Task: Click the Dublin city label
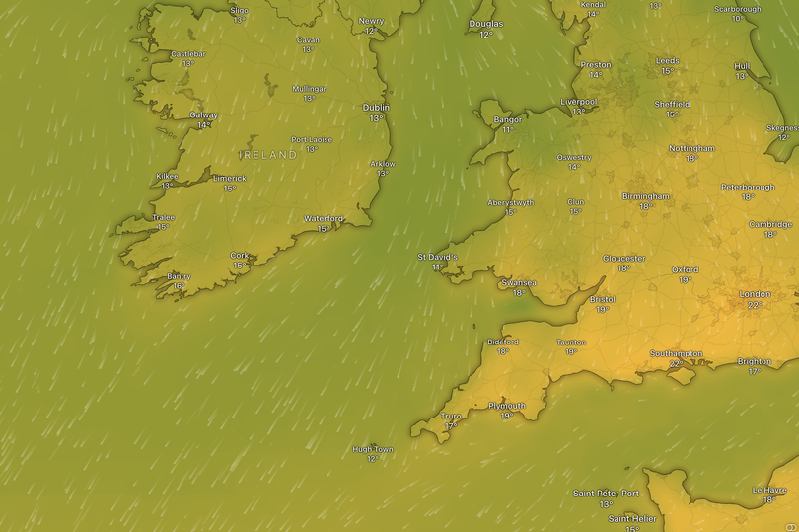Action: click(x=376, y=108)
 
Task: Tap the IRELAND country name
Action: click(x=268, y=155)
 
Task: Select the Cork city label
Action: click(x=240, y=256)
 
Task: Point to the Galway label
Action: click(x=203, y=115)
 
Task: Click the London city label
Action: click(x=755, y=294)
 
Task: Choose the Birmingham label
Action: click(x=645, y=196)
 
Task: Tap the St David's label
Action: click(x=437, y=257)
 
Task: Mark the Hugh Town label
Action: click(x=373, y=449)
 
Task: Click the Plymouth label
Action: click(x=507, y=406)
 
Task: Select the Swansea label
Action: click(x=519, y=282)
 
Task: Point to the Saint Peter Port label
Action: click(x=606, y=494)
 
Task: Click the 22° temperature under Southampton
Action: click(x=676, y=364)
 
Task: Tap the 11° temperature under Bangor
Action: click(x=507, y=130)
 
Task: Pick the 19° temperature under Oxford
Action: click(x=685, y=280)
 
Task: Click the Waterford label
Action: click(x=324, y=218)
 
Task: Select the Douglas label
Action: click(x=485, y=24)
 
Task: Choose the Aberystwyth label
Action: click(x=511, y=202)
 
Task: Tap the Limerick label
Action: click(x=230, y=179)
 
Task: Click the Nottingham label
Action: click(x=691, y=149)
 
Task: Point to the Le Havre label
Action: click(x=769, y=490)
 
